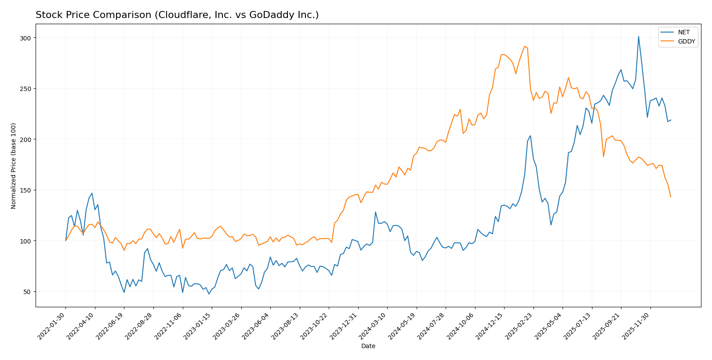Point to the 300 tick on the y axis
tap(26, 38)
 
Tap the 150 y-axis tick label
tap(26, 190)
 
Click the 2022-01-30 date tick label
tap(52, 326)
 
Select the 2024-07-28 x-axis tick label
tap(432, 326)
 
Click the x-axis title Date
tap(368, 346)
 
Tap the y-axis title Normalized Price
tap(14, 166)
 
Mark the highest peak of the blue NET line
tap(638, 36)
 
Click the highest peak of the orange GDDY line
tap(524, 46)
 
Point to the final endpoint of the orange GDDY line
tap(671, 197)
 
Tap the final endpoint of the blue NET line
tap(671, 120)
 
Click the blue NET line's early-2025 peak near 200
tap(530, 135)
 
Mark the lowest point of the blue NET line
tap(209, 294)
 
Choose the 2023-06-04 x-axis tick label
tap(257, 326)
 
